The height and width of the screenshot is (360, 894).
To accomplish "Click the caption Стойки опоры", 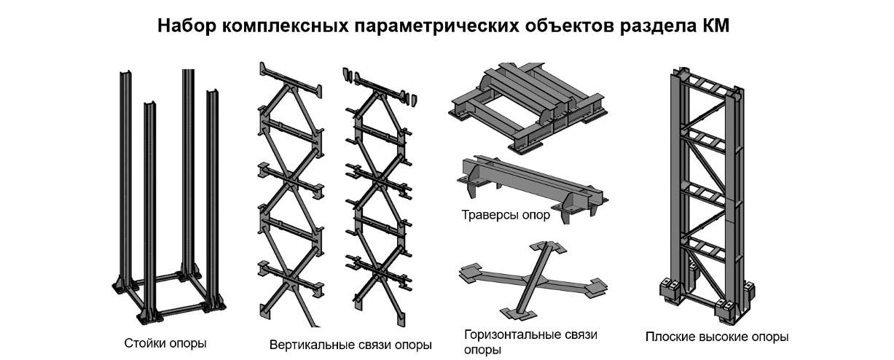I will (165, 342).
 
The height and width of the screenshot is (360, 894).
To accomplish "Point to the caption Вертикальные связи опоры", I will (350, 344).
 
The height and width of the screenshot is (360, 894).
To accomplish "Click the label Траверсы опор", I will (506, 215).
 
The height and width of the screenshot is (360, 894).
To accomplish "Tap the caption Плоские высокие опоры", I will (717, 337).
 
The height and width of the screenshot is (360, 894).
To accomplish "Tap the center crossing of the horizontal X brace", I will (535, 280).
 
